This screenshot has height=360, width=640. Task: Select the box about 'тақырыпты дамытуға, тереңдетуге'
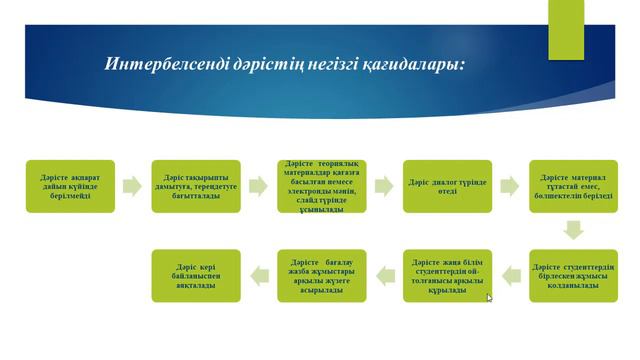pos(196,185)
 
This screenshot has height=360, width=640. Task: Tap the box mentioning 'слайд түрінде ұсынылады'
pos(322,185)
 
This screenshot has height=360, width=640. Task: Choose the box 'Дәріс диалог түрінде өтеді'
pos(447,185)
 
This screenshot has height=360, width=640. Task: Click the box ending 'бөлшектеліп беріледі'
pos(573,185)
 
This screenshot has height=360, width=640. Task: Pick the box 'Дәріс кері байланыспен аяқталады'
pos(196,276)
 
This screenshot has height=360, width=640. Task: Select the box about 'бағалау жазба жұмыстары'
pos(322,276)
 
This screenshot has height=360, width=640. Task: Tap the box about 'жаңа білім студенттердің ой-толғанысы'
pos(447,276)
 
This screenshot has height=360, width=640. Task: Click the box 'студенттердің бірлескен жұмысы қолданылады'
pos(573,276)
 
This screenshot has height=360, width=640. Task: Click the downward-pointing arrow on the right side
pos(573,230)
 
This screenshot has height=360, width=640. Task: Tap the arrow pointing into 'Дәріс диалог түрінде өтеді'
pos(384,185)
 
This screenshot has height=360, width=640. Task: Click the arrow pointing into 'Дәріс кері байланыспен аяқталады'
pos(259,276)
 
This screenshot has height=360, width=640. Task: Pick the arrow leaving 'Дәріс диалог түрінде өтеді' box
pos(510,185)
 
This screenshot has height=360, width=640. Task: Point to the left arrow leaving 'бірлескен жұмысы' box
pos(510,276)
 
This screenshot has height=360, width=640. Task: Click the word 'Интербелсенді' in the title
pos(161,65)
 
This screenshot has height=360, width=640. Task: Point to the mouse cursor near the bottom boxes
pos(490,298)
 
